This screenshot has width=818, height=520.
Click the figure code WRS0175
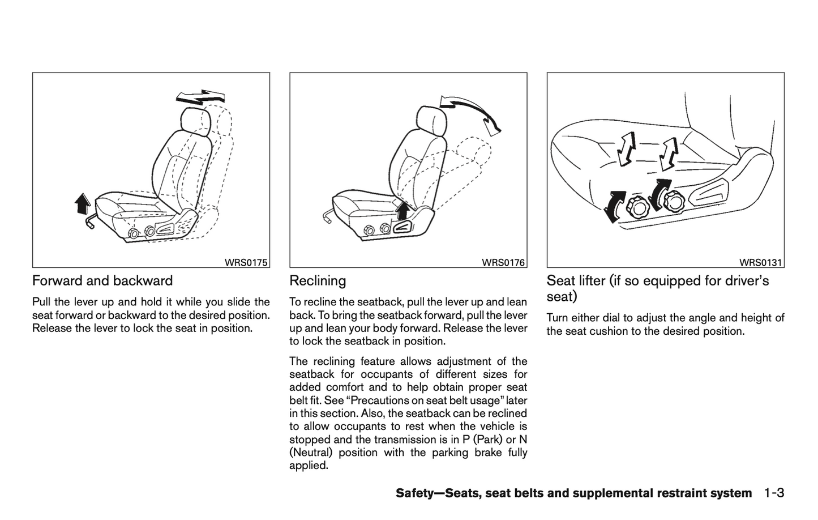tap(246, 262)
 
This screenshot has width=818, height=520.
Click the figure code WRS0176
tap(503, 262)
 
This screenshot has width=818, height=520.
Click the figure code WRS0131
tap(760, 262)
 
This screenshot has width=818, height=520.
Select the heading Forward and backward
tap(102, 280)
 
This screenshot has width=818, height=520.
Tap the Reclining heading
tap(318, 280)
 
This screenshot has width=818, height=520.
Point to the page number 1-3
tap(773, 493)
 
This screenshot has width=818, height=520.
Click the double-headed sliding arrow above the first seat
tap(200, 97)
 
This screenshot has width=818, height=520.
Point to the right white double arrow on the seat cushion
tap(669, 152)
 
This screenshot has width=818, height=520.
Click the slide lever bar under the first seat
tap(90, 221)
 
